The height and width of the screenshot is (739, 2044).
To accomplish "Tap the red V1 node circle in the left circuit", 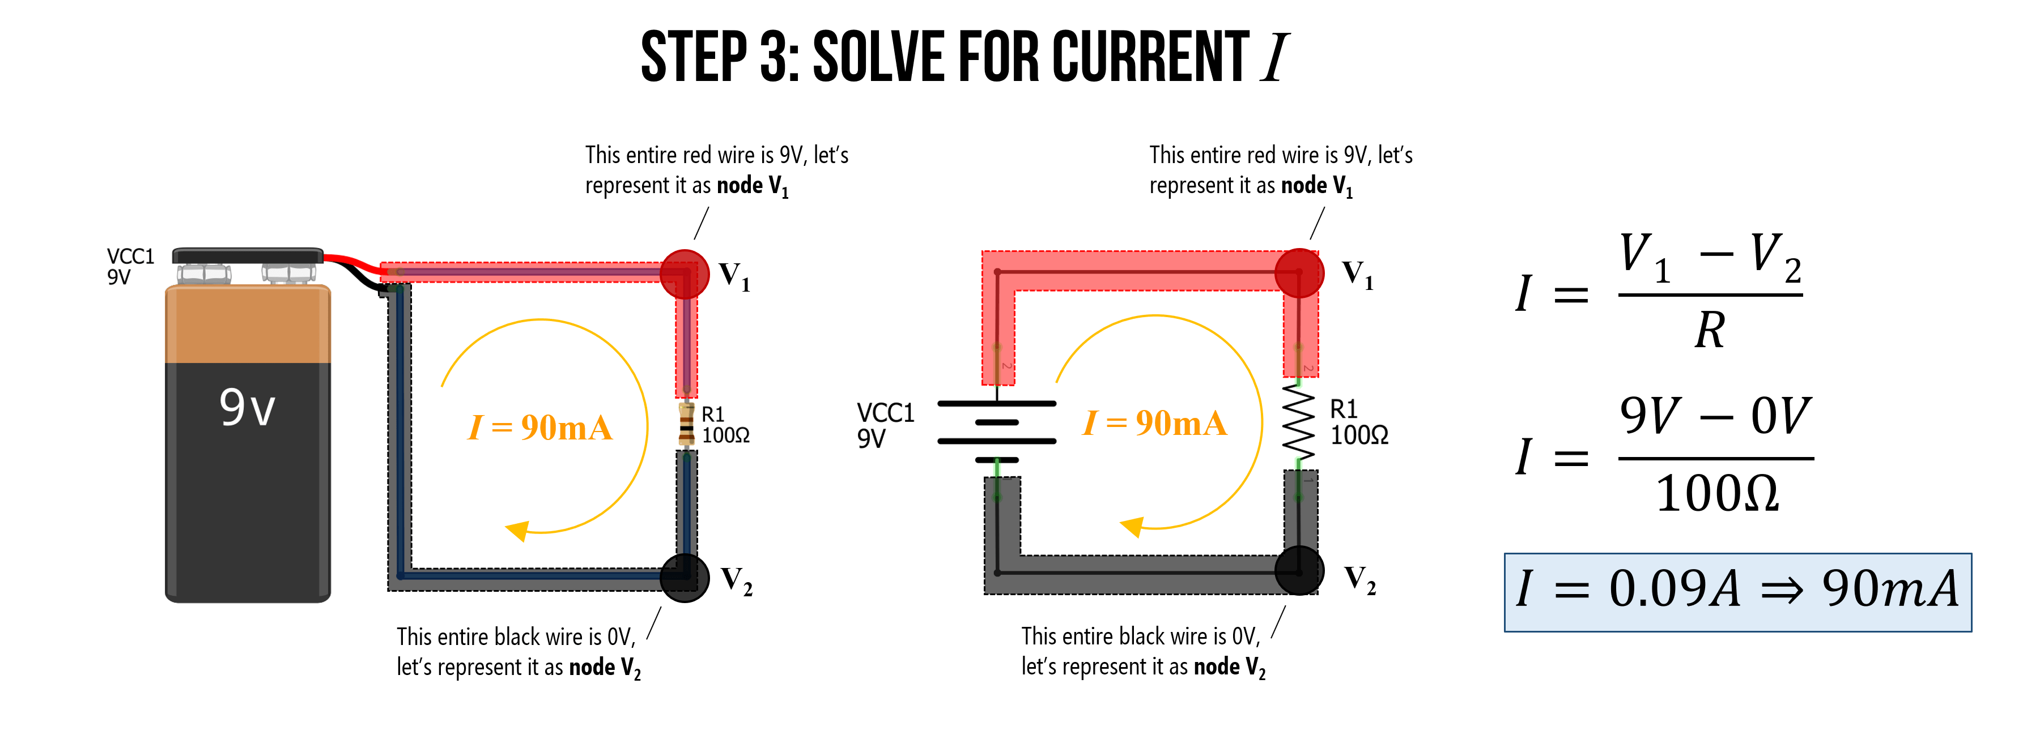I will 684,274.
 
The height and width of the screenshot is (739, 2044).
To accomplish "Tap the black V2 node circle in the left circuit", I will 684,577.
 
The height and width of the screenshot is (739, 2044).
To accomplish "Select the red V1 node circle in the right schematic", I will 1299,273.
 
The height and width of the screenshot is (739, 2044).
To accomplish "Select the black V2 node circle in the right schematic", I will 1299,570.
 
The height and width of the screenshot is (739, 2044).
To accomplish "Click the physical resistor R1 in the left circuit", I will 686,424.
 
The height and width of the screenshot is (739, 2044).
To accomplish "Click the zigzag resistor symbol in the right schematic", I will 1299,422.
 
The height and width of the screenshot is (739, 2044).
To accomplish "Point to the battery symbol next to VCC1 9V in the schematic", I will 997,432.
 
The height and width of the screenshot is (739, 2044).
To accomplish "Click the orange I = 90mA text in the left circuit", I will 541,428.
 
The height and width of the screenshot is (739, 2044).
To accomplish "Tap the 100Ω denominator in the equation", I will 1716,494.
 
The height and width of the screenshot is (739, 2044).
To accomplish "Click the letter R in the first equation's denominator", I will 1710,330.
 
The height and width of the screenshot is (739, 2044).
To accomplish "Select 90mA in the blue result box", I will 1889,589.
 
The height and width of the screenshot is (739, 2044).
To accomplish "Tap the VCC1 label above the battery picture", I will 130,256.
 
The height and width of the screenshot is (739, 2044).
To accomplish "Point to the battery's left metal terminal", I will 204,274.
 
